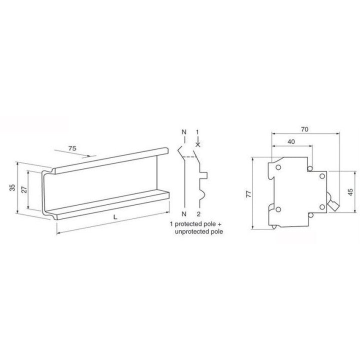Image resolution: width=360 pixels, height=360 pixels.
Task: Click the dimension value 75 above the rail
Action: [72, 148]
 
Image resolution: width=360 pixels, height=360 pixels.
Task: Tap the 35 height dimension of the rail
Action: [12, 187]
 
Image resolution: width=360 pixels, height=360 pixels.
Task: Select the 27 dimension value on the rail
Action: [24, 189]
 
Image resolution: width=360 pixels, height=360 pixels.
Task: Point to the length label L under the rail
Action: [115, 217]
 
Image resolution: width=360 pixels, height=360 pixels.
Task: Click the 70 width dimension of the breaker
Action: [304, 129]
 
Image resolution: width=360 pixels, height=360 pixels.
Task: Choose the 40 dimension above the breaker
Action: [291, 141]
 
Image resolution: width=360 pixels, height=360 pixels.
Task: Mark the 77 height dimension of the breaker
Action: [248, 194]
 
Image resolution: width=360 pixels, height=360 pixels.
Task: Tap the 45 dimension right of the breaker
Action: [350, 192]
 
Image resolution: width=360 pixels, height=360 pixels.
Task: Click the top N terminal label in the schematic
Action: [184, 132]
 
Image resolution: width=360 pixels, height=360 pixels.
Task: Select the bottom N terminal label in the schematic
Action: [184, 214]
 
